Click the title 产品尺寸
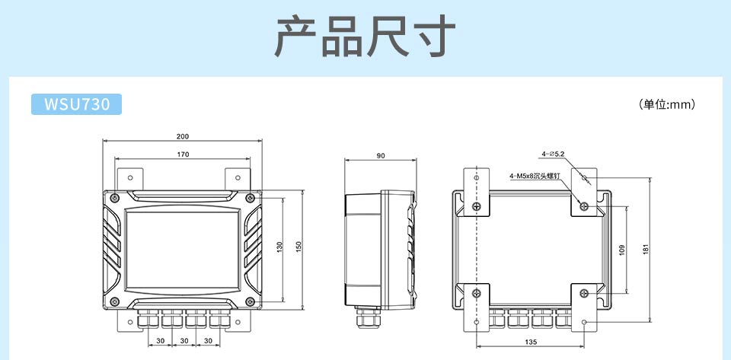pos(365,36)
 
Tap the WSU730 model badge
pos(76,104)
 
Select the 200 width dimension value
pos(183,136)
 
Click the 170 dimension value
pos(183,155)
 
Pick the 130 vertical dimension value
pos(279,247)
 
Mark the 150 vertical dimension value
pos(299,247)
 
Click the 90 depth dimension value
pos(381,155)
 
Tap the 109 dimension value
pos(622,250)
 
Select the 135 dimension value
pos(530,342)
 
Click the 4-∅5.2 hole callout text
pos(553,155)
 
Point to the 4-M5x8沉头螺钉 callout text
pos(535,176)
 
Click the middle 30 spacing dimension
pos(184,339)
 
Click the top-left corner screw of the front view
pos(113,198)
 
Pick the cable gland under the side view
pos(365,314)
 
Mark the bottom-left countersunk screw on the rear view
pos(477,293)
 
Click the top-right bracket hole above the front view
pos(238,177)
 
